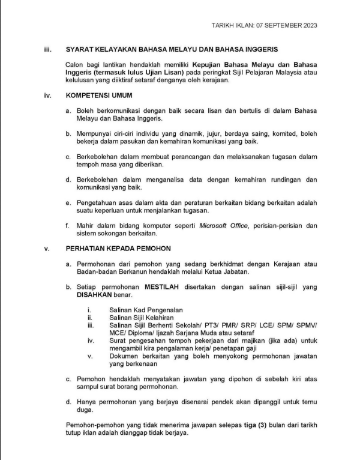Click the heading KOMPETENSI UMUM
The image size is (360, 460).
[x=99, y=95]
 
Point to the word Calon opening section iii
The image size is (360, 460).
[x=75, y=64]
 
